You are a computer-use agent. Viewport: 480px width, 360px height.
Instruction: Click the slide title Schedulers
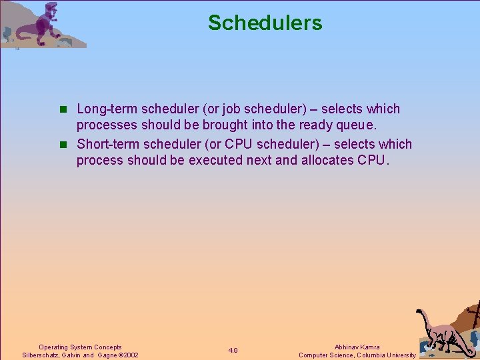(265, 23)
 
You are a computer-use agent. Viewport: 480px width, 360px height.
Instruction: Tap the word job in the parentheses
(229, 109)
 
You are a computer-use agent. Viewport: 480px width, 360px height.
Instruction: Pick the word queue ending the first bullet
(359, 125)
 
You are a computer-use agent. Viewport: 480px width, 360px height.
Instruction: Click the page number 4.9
(233, 351)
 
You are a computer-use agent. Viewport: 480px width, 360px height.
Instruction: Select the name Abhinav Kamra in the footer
(357, 347)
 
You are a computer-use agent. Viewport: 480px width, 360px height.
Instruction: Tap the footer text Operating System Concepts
(80, 347)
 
